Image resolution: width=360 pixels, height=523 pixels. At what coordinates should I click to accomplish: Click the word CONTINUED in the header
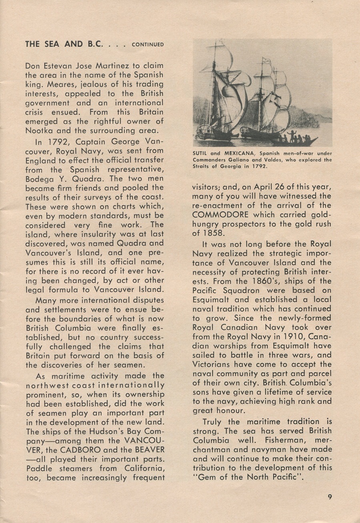click(x=148, y=44)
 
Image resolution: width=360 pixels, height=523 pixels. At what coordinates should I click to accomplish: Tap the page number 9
click(x=330, y=497)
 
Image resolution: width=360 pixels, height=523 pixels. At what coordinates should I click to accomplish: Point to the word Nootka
click(x=40, y=130)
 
